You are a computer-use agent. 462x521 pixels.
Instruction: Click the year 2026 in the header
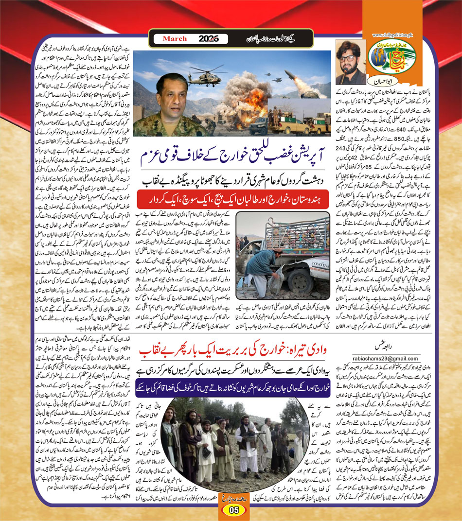pyautogui.click(x=206, y=38)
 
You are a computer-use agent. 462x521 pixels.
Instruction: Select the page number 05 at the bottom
pyautogui.click(x=232, y=510)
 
